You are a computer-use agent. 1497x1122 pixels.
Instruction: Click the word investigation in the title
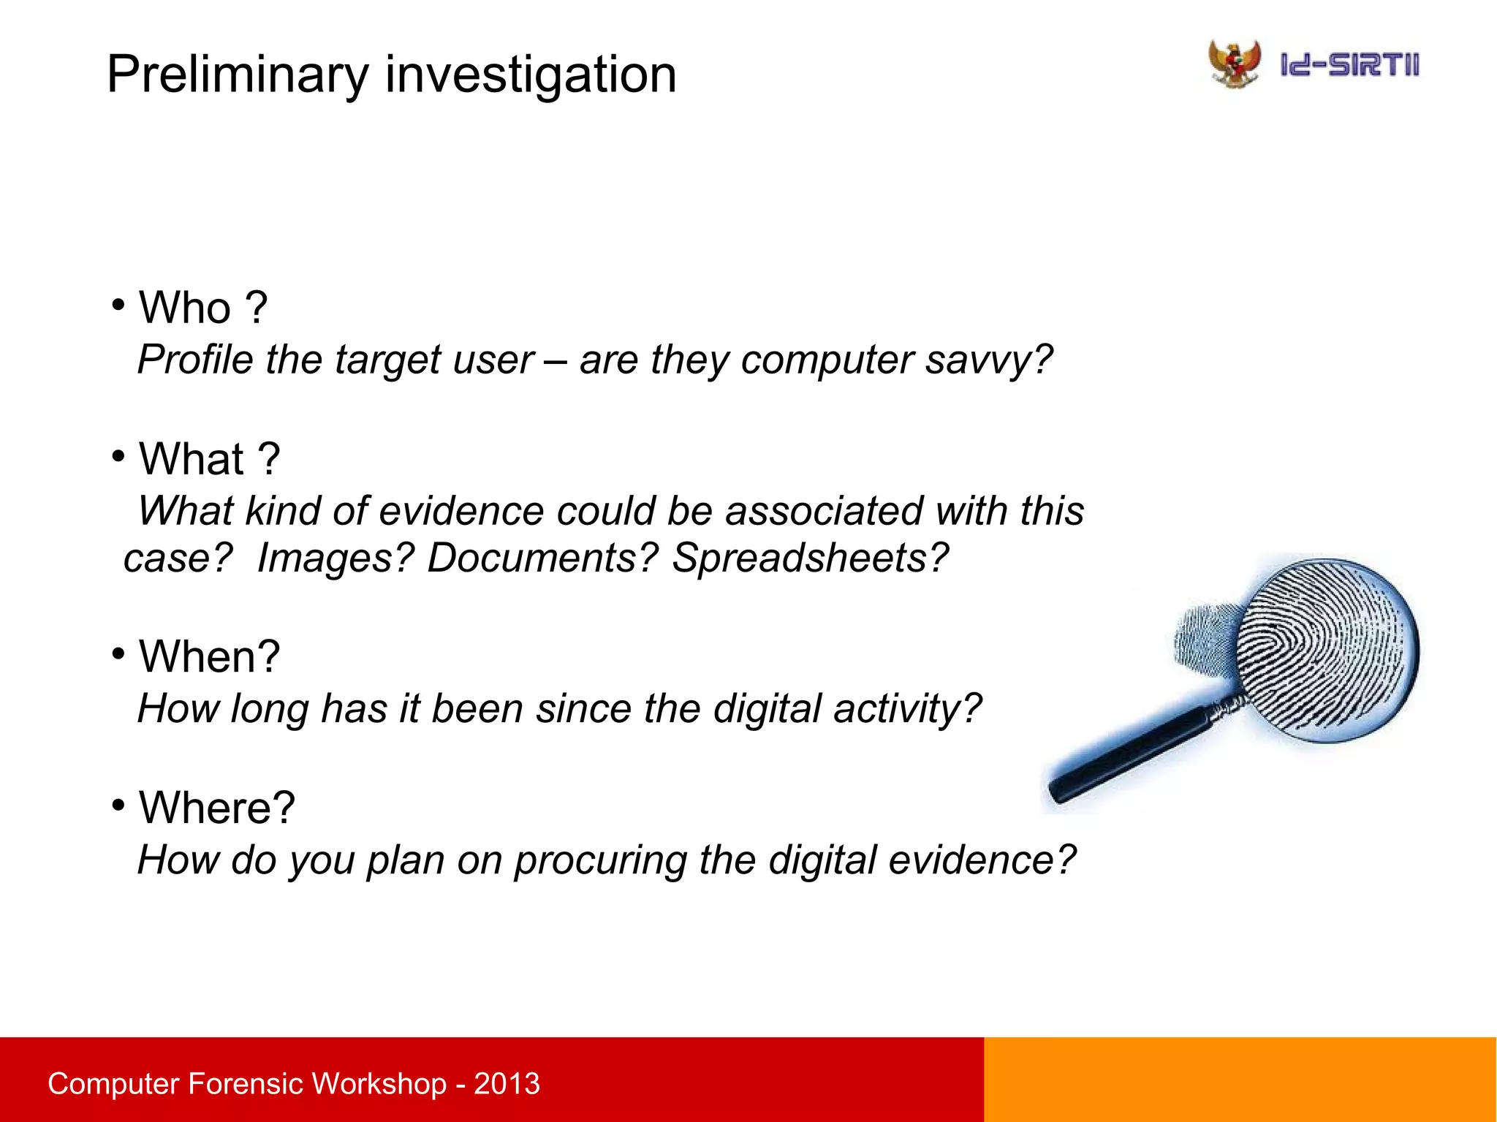pos(530,75)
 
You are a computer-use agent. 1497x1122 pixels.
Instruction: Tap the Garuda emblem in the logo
pos(1235,64)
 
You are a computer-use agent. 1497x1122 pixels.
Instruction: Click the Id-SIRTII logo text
pos(1349,65)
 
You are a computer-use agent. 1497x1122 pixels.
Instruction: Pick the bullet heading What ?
pos(209,459)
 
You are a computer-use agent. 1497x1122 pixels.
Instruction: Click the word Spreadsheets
pos(809,558)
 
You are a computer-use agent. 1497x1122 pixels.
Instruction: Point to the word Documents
pos(542,558)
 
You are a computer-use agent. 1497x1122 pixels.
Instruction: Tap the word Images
pos(336,558)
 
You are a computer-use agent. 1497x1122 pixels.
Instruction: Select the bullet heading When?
pos(209,656)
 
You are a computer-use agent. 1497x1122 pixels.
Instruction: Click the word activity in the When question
pos(906,709)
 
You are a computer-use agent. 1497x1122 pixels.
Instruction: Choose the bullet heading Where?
pos(216,808)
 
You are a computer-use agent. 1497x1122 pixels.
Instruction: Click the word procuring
pos(600,860)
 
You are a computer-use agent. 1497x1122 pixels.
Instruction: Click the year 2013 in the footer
pos(507,1084)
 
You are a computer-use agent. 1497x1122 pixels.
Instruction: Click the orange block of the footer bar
pos(1240,1080)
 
